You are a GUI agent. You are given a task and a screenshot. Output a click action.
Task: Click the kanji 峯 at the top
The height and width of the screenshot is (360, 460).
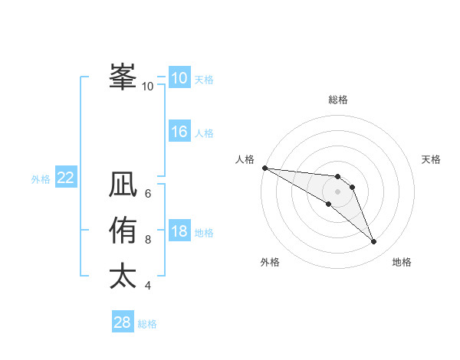click(123, 76)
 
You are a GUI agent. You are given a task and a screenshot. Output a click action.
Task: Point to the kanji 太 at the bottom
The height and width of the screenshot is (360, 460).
click(123, 276)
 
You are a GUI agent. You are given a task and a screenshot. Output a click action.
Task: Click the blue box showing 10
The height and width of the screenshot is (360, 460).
click(179, 77)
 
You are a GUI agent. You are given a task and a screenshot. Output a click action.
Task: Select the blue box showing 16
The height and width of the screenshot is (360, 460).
click(179, 132)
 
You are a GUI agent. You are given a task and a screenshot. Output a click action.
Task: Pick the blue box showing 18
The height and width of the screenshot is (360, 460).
click(179, 231)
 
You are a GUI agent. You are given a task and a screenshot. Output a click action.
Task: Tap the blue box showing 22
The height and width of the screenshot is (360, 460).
click(66, 178)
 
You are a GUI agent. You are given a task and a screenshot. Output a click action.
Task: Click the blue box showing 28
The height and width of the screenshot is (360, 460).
click(123, 322)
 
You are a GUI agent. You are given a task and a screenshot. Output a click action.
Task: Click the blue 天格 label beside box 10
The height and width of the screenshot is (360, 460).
click(204, 80)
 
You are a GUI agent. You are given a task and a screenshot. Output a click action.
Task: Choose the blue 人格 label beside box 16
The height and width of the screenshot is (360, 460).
click(204, 133)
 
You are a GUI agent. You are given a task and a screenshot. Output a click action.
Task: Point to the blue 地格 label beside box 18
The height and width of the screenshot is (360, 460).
click(204, 233)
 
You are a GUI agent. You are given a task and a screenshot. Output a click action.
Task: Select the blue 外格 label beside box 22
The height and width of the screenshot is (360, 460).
click(41, 179)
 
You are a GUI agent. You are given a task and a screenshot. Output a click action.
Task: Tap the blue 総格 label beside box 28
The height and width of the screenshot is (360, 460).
click(147, 324)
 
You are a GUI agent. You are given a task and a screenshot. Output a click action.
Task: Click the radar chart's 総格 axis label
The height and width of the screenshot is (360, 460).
click(338, 100)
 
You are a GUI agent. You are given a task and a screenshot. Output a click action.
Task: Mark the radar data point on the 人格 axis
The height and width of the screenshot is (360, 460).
click(264, 168)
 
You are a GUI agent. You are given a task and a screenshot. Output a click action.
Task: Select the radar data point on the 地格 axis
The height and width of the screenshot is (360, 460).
click(374, 242)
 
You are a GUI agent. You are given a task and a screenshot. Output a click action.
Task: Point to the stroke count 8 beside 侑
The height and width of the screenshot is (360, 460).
click(148, 240)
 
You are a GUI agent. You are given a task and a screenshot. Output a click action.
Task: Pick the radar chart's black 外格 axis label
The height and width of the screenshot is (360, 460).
click(270, 262)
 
